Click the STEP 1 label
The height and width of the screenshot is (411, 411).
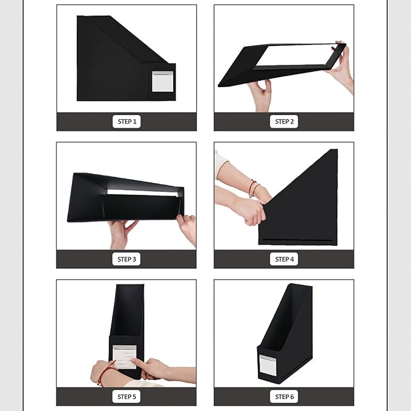[127, 122]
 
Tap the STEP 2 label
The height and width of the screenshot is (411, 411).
[284, 122]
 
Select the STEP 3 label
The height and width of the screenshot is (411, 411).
[127, 259]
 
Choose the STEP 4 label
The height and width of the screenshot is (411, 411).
[284, 259]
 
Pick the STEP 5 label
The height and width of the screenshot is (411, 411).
[127, 396]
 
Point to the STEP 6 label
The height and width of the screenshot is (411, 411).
[284, 396]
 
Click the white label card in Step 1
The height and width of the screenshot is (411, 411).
[162, 81]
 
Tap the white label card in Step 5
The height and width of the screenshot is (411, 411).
[124, 357]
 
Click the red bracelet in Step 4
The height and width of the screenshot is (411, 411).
[252, 188]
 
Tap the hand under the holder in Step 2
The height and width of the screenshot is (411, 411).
[260, 95]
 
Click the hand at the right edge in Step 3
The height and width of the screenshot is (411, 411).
[187, 229]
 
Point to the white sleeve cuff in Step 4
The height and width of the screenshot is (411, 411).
[220, 162]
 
